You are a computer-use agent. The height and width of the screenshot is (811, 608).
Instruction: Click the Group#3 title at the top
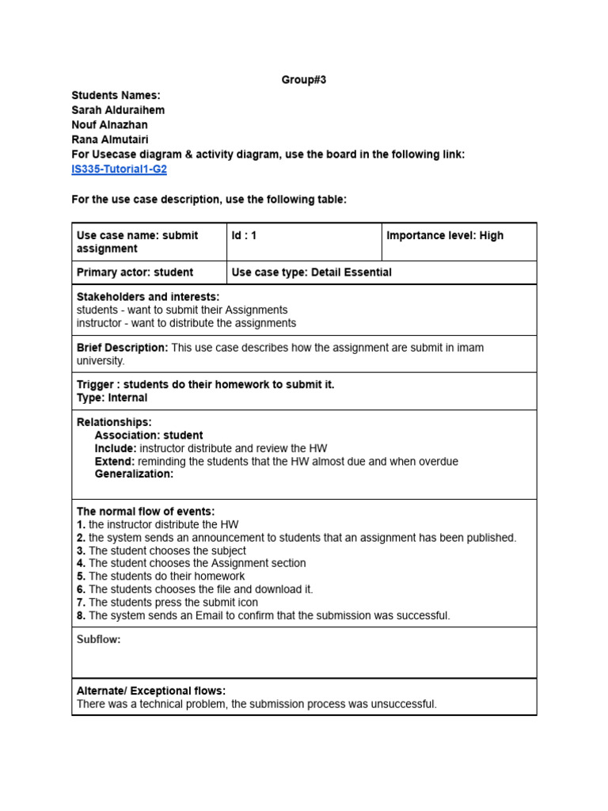tap(304, 80)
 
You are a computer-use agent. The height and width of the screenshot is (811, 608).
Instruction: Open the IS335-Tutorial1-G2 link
tap(119, 169)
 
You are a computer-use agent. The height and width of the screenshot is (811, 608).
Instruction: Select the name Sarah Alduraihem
tap(118, 110)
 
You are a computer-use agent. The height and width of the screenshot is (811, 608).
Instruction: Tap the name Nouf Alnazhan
tap(109, 125)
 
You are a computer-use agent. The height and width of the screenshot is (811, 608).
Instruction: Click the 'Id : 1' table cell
tap(244, 236)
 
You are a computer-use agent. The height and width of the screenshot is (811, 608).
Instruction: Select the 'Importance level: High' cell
tap(444, 236)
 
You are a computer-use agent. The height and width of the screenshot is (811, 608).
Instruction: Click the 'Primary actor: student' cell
tap(135, 272)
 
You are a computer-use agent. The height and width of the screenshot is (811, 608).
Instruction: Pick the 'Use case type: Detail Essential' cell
tap(311, 272)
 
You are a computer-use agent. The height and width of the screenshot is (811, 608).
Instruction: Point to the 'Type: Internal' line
tap(112, 398)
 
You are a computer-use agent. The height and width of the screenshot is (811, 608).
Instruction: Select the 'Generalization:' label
tap(134, 474)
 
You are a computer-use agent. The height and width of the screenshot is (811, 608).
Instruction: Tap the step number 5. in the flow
tap(81, 577)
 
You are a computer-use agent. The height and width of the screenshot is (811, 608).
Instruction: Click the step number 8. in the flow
tap(81, 615)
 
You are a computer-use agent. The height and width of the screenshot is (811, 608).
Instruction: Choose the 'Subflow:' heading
tap(98, 640)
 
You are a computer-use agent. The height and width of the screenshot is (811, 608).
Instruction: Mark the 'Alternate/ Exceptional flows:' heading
tap(151, 691)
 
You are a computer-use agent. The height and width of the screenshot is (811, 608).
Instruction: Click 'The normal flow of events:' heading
tap(146, 512)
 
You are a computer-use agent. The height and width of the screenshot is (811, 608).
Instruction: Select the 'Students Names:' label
tap(116, 95)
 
